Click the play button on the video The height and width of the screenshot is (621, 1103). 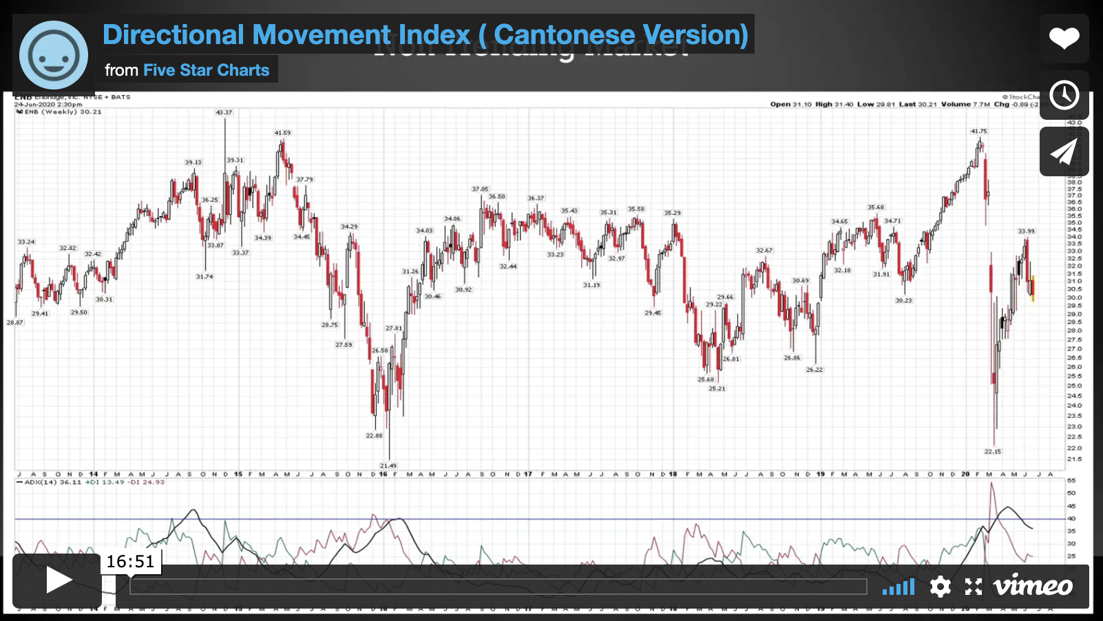(58, 580)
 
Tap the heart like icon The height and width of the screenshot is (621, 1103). (1064, 38)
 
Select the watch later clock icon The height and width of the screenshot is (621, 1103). (1064, 95)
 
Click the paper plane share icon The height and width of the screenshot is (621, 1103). (1064, 151)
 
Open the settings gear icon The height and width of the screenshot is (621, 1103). (940, 587)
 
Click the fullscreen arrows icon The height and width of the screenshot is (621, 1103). (973, 587)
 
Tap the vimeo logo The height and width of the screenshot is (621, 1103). (1033, 586)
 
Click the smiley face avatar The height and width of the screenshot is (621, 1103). (54, 56)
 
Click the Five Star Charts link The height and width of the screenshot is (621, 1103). (206, 70)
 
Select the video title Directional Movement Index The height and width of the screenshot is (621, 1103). (425, 34)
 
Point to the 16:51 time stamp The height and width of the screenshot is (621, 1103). (130, 562)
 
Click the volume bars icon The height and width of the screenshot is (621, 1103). (899, 587)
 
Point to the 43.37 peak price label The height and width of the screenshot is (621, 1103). (224, 112)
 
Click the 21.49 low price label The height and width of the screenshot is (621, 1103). (388, 466)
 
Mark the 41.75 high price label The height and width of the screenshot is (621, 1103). (978, 131)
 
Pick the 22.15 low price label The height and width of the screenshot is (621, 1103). (992, 452)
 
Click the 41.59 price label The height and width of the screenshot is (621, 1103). (282, 133)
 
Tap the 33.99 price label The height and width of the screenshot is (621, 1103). (1026, 231)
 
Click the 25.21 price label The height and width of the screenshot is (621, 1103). (717, 389)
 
